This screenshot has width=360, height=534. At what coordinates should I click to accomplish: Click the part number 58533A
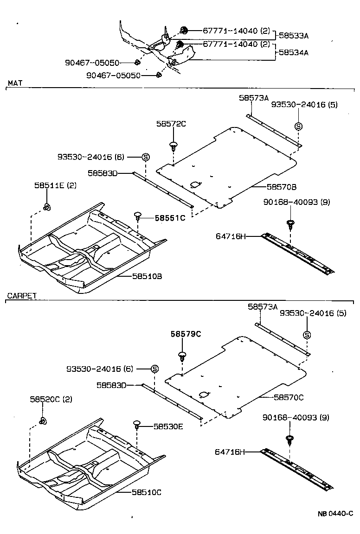(293, 35)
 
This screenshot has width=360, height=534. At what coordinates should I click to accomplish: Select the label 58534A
(293, 52)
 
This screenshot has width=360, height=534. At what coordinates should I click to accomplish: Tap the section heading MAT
(15, 83)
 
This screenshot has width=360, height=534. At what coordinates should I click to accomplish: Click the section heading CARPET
(22, 296)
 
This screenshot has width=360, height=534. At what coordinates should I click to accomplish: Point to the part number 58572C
(170, 124)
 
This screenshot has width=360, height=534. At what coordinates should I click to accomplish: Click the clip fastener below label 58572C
(174, 146)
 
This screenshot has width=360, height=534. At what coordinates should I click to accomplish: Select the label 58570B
(281, 187)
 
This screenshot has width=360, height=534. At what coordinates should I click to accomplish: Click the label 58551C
(170, 217)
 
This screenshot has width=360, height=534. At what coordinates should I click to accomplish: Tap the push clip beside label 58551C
(138, 215)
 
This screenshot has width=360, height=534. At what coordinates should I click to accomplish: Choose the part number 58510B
(147, 276)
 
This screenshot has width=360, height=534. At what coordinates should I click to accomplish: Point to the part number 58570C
(289, 397)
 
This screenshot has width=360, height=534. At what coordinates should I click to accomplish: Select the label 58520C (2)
(51, 399)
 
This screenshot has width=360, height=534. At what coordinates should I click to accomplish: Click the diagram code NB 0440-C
(335, 513)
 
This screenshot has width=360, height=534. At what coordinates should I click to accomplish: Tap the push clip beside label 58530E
(137, 424)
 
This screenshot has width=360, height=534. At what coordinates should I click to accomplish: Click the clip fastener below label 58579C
(182, 356)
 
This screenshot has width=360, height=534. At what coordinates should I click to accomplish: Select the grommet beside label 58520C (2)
(43, 421)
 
